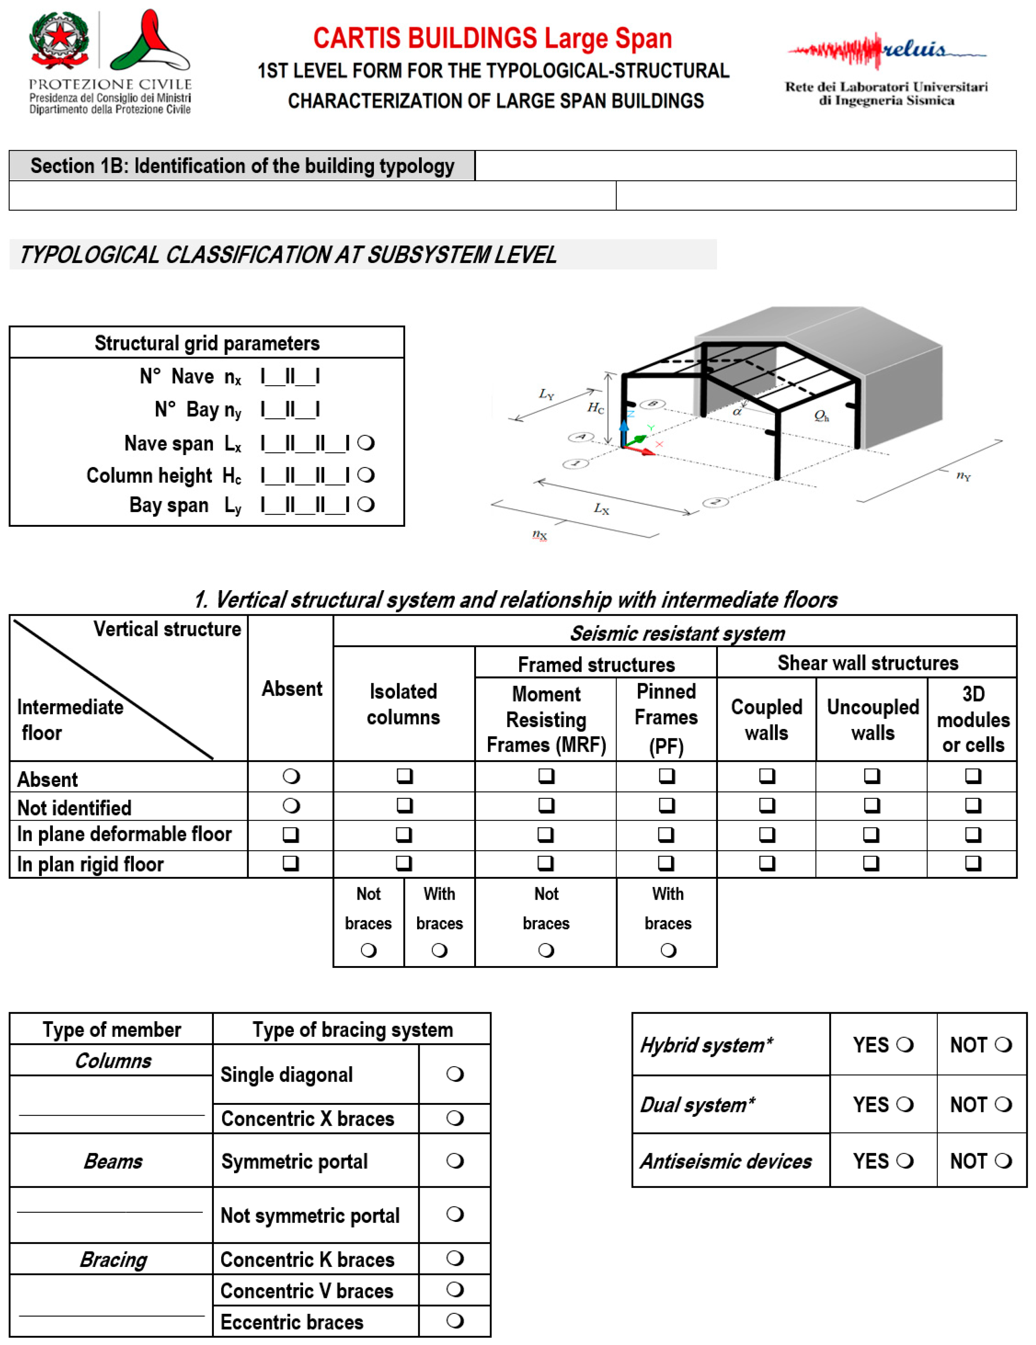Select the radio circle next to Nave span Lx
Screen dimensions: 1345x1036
click(x=366, y=443)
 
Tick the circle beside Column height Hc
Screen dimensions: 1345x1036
click(x=366, y=475)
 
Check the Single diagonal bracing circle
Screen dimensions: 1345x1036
click(x=455, y=1074)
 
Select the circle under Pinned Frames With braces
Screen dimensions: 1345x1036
click(x=668, y=950)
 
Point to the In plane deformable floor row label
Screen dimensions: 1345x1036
click(x=125, y=834)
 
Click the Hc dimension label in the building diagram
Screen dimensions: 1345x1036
click(x=595, y=408)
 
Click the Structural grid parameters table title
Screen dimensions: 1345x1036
click(x=207, y=343)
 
